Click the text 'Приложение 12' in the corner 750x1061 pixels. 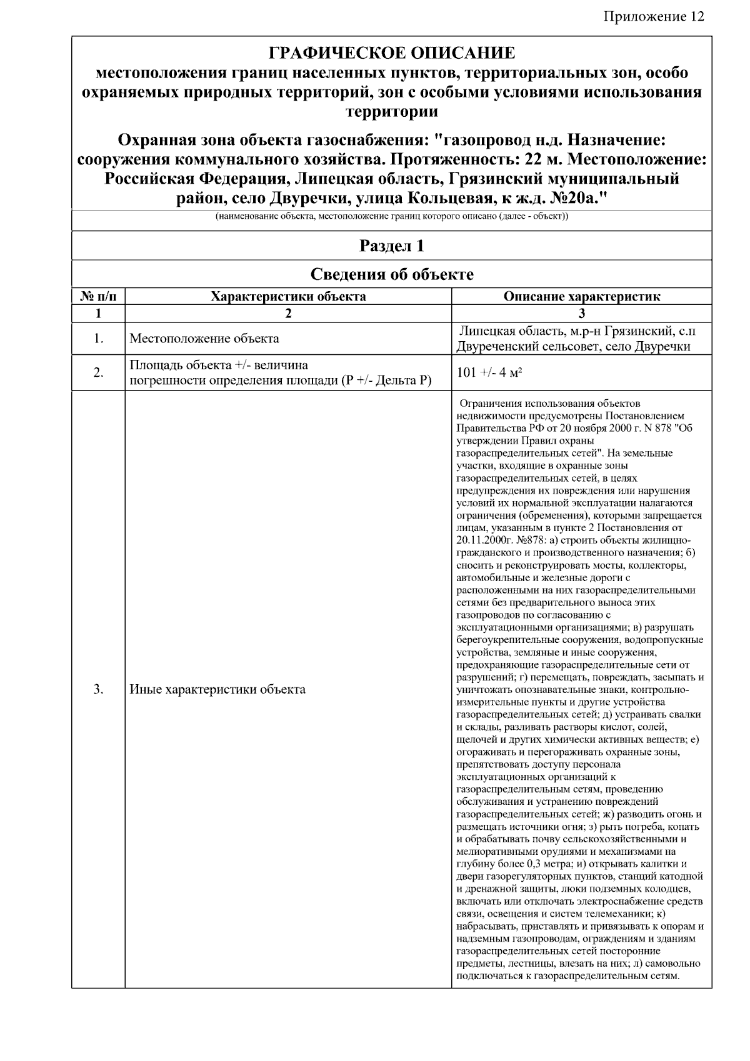(654, 17)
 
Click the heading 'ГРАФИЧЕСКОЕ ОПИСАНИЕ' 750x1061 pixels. (392, 53)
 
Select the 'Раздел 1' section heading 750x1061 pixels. (392, 246)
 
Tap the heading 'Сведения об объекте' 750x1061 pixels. (392, 274)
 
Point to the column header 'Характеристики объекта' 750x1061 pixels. (288, 297)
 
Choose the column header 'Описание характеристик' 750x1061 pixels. (581, 297)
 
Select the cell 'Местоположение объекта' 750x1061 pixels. (204, 339)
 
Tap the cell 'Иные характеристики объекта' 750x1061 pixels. (217, 690)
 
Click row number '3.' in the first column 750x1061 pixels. (99, 690)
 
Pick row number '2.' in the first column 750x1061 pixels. (99, 373)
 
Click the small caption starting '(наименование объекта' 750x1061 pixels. (392, 217)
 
